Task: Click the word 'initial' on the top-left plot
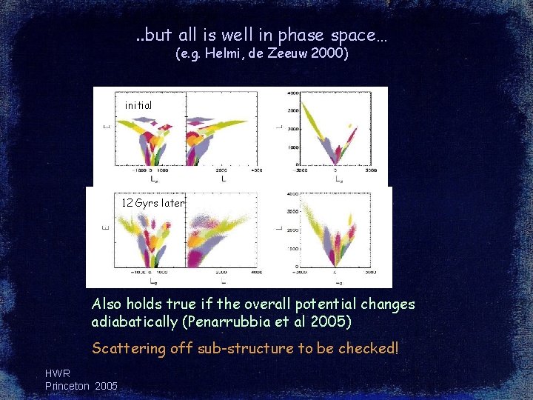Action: (138, 105)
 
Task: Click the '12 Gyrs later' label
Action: (153, 203)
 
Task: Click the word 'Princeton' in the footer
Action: (67, 386)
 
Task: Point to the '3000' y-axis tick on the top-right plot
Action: (292, 110)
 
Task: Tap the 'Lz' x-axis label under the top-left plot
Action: (153, 179)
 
